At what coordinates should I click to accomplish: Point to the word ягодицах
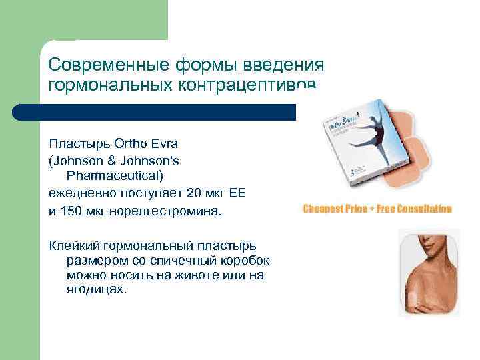pos(97,291)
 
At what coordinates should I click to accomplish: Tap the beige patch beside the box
pos(433,153)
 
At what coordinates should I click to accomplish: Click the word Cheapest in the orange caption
pos(325,209)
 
